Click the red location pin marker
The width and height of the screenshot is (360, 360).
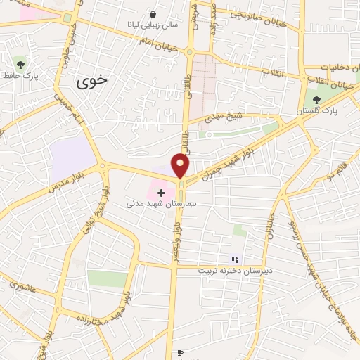pos(181,166)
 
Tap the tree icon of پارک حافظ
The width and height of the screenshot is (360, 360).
pos(20,64)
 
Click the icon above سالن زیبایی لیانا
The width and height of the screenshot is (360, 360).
pos(153,13)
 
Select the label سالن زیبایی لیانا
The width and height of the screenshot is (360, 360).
pos(153,25)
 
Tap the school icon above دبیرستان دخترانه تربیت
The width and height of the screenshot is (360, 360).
pos(235,259)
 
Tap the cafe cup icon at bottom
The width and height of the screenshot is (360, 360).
pos(179,353)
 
